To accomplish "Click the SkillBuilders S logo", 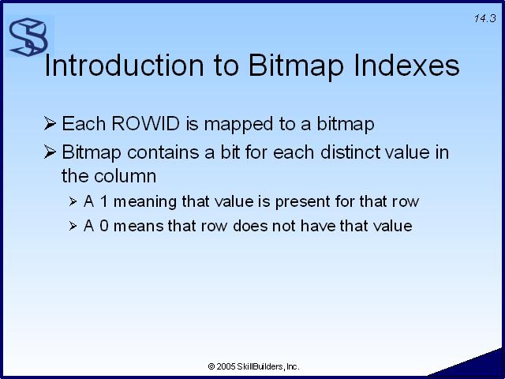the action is point(28,37).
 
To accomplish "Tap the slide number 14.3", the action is point(484,18).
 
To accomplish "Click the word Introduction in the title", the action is point(125,66).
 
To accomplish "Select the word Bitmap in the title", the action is point(296,66).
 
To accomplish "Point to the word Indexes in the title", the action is point(407,66).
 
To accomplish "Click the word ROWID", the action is point(145,123).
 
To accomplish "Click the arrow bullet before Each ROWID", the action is point(50,123).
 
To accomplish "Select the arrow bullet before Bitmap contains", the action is point(50,152).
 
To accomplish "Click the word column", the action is point(125,176).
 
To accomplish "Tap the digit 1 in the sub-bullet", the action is point(103,201).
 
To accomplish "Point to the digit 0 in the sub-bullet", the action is point(104,226).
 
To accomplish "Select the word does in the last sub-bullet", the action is point(250,226).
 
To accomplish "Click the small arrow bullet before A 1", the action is point(73,202).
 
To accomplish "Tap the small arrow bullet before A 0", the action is point(73,226).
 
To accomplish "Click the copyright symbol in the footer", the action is point(211,366).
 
